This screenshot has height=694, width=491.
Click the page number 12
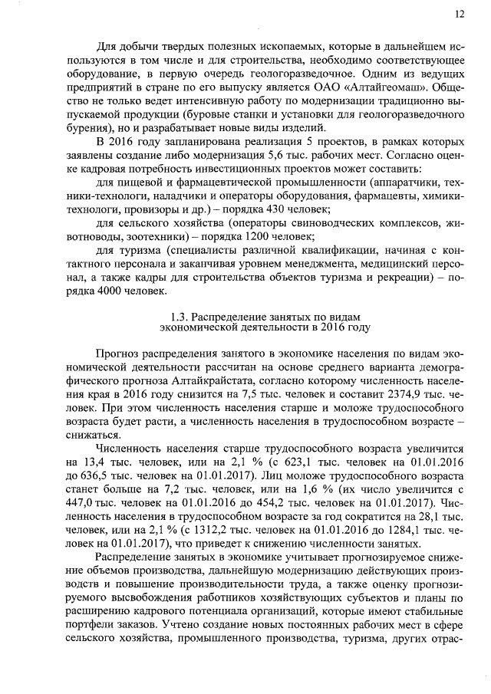(x=459, y=14)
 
